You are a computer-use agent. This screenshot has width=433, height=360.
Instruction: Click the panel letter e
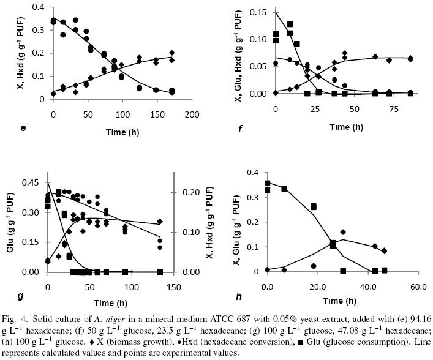point(23,128)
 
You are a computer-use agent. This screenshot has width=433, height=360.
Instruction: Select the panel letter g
point(21,296)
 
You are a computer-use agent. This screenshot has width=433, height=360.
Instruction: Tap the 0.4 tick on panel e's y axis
point(42,7)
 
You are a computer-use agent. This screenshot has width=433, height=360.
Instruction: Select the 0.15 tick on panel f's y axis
point(265,12)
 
